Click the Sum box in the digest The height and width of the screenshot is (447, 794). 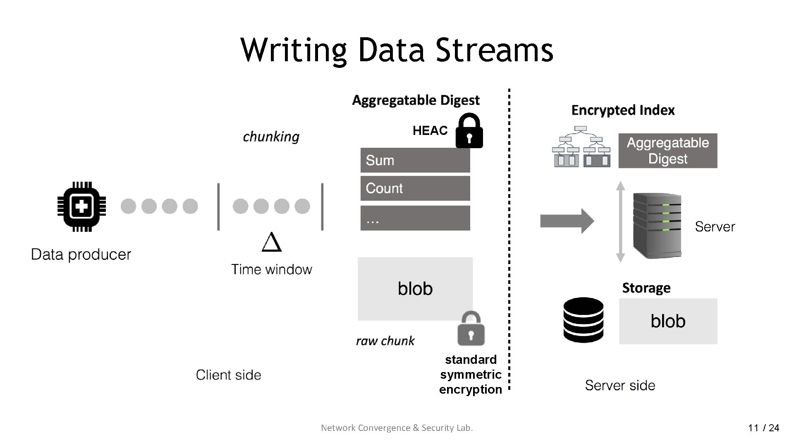coord(415,160)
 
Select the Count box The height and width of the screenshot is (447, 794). coord(415,188)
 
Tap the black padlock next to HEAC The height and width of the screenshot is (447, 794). coord(469,131)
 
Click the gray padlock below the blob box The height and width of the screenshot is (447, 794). coord(471,329)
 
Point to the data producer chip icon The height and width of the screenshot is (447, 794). coord(81,206)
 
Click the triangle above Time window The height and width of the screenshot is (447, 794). coord(272,242)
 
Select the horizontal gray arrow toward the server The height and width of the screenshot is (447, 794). coord(567,221)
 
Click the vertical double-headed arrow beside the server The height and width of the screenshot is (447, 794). coord(620,221)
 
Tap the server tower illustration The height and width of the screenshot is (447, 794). coord(657,226)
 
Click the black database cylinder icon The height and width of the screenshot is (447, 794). coord(583,320)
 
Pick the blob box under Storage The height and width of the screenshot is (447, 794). coord(668,321)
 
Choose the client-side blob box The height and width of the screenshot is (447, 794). coord(415,288)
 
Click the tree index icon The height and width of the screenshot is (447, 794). coord(581,147)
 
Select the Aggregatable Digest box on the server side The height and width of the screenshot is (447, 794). coord(667,151)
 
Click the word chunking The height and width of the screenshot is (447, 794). coord(271,137)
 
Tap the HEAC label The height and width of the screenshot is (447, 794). coord(430,131)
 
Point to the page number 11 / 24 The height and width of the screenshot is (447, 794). coord(763,428)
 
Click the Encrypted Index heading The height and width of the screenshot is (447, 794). coord(623,110)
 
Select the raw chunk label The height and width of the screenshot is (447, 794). coord(385,341)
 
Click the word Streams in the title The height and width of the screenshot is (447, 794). coord(494,50)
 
